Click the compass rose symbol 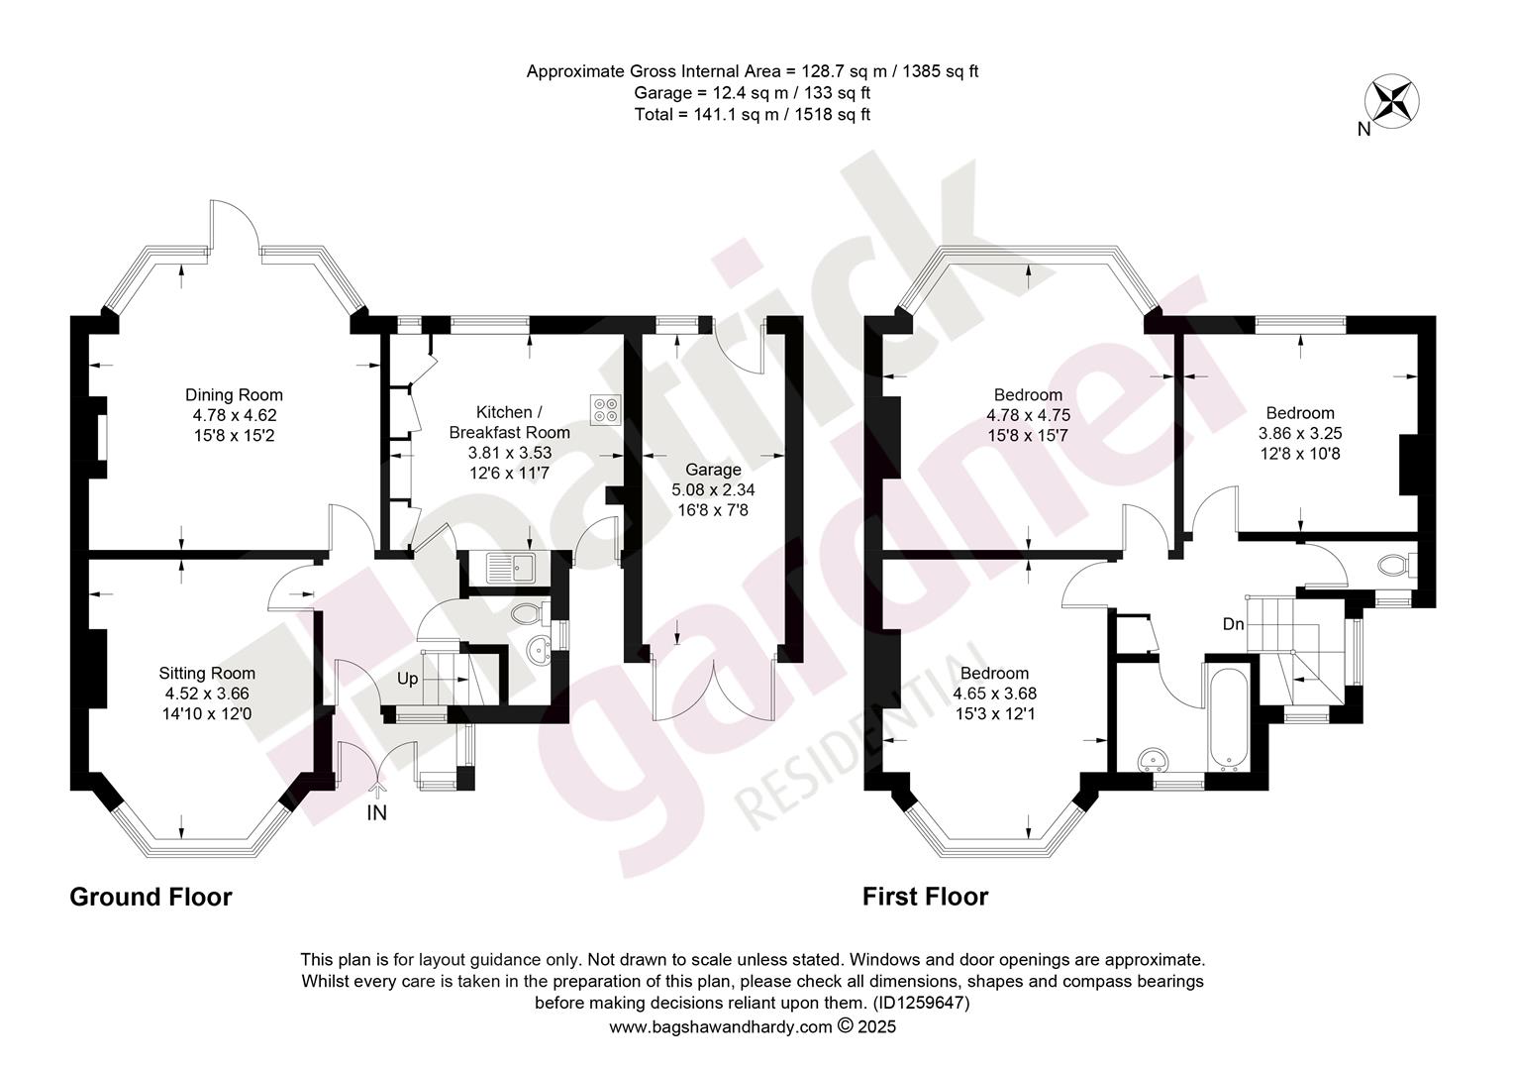tap(1391, 101)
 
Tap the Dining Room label tap(234, 394)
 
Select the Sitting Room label tap(207, 674)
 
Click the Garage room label tap(713, 470)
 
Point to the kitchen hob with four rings tap(605, 409)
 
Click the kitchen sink tap(511, 568)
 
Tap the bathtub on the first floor tap(1228, 720)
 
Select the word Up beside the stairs tap(407, 679)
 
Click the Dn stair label tap(1234, 624)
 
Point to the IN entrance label tap(376, 813)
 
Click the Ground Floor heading tap(151, 897)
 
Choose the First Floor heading tap(925, 897)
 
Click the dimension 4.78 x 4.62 tap(235, 415)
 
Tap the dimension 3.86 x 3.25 tap(1299, 433)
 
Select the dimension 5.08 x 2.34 tap(713, 490)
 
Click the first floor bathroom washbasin tap(1153, 760)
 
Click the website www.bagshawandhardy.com tap(721, 1027)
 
